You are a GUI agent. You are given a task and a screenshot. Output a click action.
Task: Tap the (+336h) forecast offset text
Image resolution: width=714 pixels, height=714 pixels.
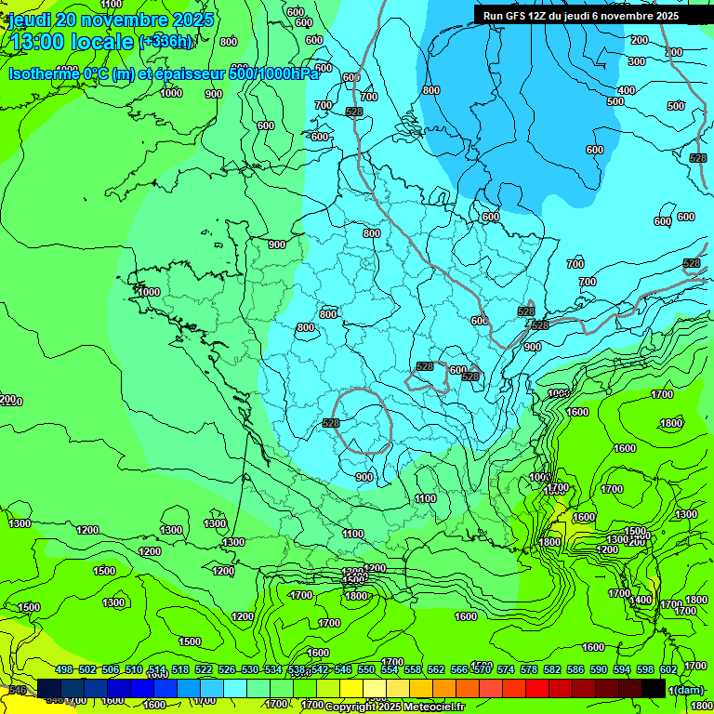click(166, 42)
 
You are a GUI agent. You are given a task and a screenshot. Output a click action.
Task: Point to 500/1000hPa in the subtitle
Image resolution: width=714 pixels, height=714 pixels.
click(279, 74)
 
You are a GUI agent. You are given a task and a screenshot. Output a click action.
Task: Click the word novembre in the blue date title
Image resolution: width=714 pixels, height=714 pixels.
click(126, 20)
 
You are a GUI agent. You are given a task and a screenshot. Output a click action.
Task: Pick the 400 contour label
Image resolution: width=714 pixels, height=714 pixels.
click(627, 90)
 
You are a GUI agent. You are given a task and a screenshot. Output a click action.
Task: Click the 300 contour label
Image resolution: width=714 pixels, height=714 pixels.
click(636, 61)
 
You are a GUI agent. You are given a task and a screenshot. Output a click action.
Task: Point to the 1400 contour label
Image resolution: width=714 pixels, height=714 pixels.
click(640, 601)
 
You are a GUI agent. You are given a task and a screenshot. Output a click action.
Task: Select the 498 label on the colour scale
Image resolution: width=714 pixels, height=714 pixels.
click(63, 670)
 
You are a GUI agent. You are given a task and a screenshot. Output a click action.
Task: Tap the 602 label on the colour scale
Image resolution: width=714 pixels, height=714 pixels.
click(668, 670)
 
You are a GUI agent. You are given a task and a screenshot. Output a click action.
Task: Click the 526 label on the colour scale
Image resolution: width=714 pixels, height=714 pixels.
click(226, 670)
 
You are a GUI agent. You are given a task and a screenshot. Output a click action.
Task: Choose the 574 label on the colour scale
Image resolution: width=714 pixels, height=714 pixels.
click(505, 670)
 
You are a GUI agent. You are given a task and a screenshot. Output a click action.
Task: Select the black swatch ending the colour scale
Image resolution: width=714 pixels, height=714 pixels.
click(654, 688)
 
